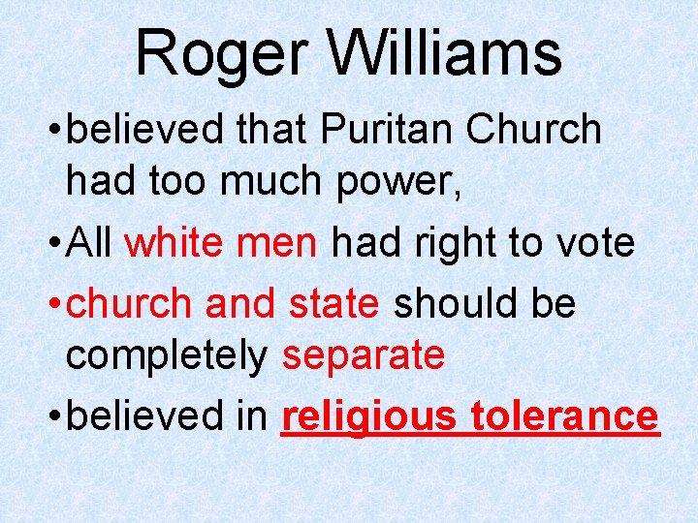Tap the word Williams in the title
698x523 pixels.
click(x=446, y=53)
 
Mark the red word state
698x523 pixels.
click(x=333, y=303)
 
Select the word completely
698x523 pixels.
click(x=166, y=357)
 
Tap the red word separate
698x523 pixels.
click(x=363, y=357)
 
